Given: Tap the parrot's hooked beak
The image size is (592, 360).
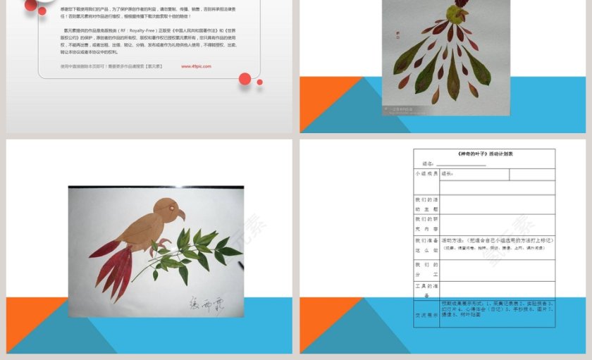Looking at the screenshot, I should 180,214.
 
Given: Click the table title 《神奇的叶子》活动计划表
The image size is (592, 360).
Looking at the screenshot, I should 485,154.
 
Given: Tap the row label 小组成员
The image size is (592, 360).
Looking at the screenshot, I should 426,173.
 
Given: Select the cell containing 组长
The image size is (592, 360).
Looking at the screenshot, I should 447,173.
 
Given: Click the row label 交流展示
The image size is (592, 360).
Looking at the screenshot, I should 426,315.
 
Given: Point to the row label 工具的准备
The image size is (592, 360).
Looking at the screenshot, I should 426,290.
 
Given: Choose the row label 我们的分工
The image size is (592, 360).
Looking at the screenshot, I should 426,268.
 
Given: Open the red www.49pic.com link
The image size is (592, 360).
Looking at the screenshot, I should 196,66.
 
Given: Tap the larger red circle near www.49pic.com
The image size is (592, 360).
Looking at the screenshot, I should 245,79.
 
